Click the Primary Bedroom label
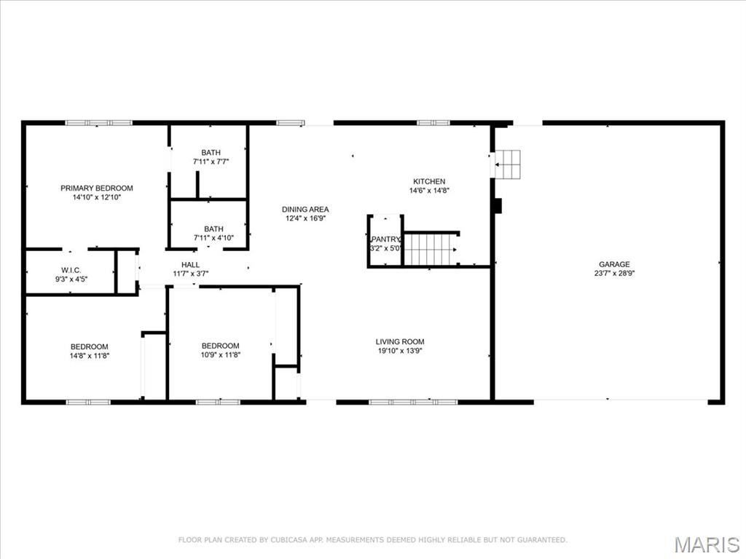click(96, 189)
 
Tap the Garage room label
click(614, 264)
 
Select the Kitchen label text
click(429, 182)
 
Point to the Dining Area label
click(305, 210)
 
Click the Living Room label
click(399, 341)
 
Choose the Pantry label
click(385, 239)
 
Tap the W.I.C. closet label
click(70, 270)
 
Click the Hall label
click(190, 265)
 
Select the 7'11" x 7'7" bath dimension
click(211, 162)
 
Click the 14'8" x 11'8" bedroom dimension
click(89, 355)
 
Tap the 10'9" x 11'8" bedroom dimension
click(220, 355)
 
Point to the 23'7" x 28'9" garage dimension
click(614, 274)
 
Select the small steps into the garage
click(509, 164)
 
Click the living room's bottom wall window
click(412, 402)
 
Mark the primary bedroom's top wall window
click(99, 123)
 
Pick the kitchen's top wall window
click(433, 123)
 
